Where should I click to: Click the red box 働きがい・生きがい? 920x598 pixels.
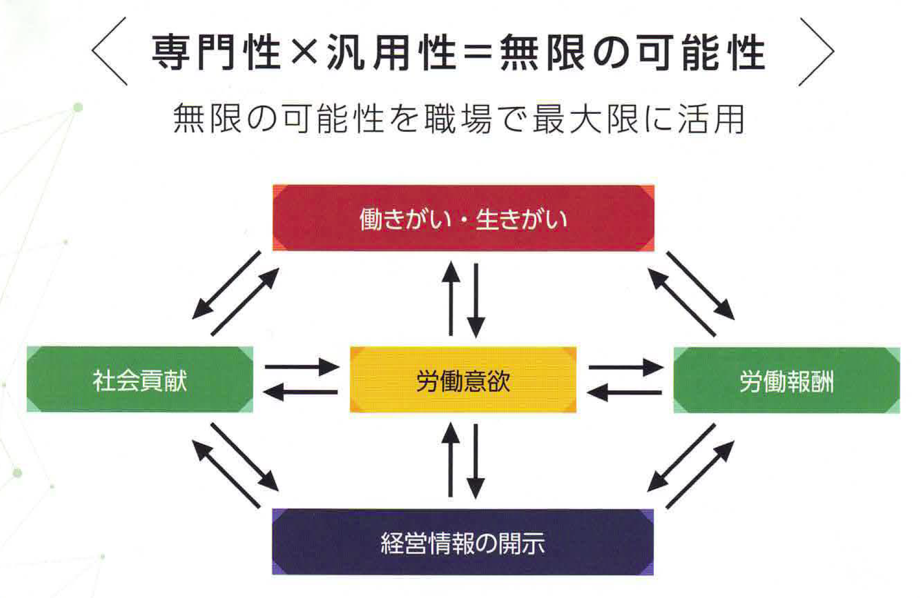pyautogui.click(x=463, y=218)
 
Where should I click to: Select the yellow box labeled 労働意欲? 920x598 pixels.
pyautogui.click(x=463, y=380)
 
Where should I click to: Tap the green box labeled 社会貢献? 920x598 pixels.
pyautogui.click(x=140, y=380)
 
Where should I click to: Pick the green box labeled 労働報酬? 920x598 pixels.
pyautogui.click(x=786, y=380)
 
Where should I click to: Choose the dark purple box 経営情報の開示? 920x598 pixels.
pyautogui.click(x=463, y=542)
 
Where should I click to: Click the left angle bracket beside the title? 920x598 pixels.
pyautogui.click(x=109, y=52)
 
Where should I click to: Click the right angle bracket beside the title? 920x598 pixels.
pyautogui.click(x=817, y=52)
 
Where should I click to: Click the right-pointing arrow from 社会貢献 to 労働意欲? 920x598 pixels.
pyautogui.click(x=301, y=367)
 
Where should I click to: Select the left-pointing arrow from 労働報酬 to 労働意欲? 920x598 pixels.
pyautogui.click(x=625, y=392)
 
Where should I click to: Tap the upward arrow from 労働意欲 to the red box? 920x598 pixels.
pyautogui.click(x=451, y=298)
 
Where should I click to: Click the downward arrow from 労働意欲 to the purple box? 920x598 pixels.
pyautogui.click(x=475, y=462)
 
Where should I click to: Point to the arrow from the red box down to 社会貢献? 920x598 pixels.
pyautogui.click(x=226, y=285)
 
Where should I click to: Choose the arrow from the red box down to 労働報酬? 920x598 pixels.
pyautogui.click(x=701, y=285)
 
